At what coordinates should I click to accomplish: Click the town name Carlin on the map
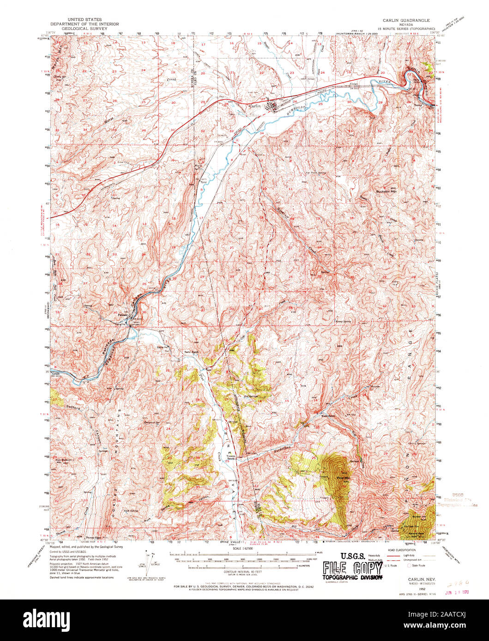pyautogui.click(x=255, y=106)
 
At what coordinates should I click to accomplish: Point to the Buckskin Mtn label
pyautogui.click(x=386, y=191)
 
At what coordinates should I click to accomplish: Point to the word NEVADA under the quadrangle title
pyautogui.click(x=405, y=25)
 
